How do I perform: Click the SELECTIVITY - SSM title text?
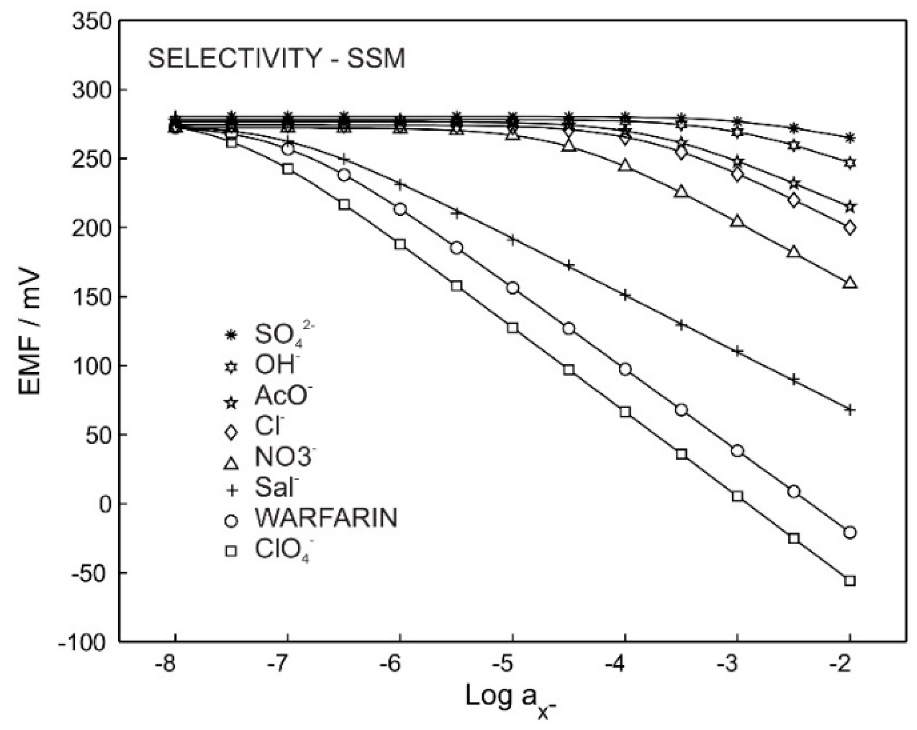coord(277,59)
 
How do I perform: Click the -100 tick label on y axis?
coord(83,642)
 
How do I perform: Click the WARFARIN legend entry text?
coord(326,518)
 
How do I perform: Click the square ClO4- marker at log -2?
coord(850,581)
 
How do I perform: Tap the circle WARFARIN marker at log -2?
coord(850,533)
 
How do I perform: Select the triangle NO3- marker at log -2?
coord(850,283)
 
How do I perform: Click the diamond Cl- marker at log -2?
coord(850,228)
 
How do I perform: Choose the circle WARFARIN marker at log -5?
coord(513,288)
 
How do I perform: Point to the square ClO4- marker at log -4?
coord(625,412)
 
